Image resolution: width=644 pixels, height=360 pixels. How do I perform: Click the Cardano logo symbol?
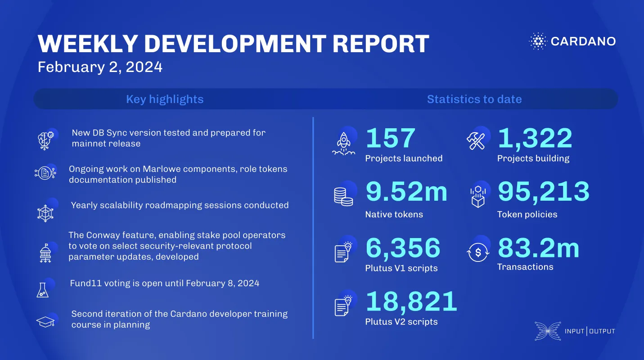pyautogui.click(x=537, y=41)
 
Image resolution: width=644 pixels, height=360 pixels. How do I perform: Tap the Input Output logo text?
pyautogui.click(x=590, y=331)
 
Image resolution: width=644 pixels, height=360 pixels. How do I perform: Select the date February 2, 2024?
pyautogui.click(x=100, y=67)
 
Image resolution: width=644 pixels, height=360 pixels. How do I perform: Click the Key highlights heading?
pyautogui.click(x=165, y=99)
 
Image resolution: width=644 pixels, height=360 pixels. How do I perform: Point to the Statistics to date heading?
pyautogui.click(x=474, y=99)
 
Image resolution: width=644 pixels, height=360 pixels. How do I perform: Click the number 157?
pyautogui.click(x=390, y=138)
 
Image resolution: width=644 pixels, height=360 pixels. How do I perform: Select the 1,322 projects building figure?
pyautogui.click(x=535, y=138)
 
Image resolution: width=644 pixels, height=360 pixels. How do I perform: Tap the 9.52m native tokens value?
pyautogui.click(x=406, y=192)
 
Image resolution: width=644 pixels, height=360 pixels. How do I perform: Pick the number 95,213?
pyautogui.click(x=543, y=192)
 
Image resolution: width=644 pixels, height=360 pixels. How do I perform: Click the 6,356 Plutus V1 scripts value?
pyautogui.click(x=403, y=248)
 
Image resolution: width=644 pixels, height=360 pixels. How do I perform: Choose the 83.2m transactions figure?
pyautogui.click(x=538, y=248)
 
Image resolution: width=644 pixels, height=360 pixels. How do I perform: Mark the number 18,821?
pyautogui.click(x=411, y=302)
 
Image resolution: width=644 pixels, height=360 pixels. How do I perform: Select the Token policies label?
pyautogui.click(x=527, y=214)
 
